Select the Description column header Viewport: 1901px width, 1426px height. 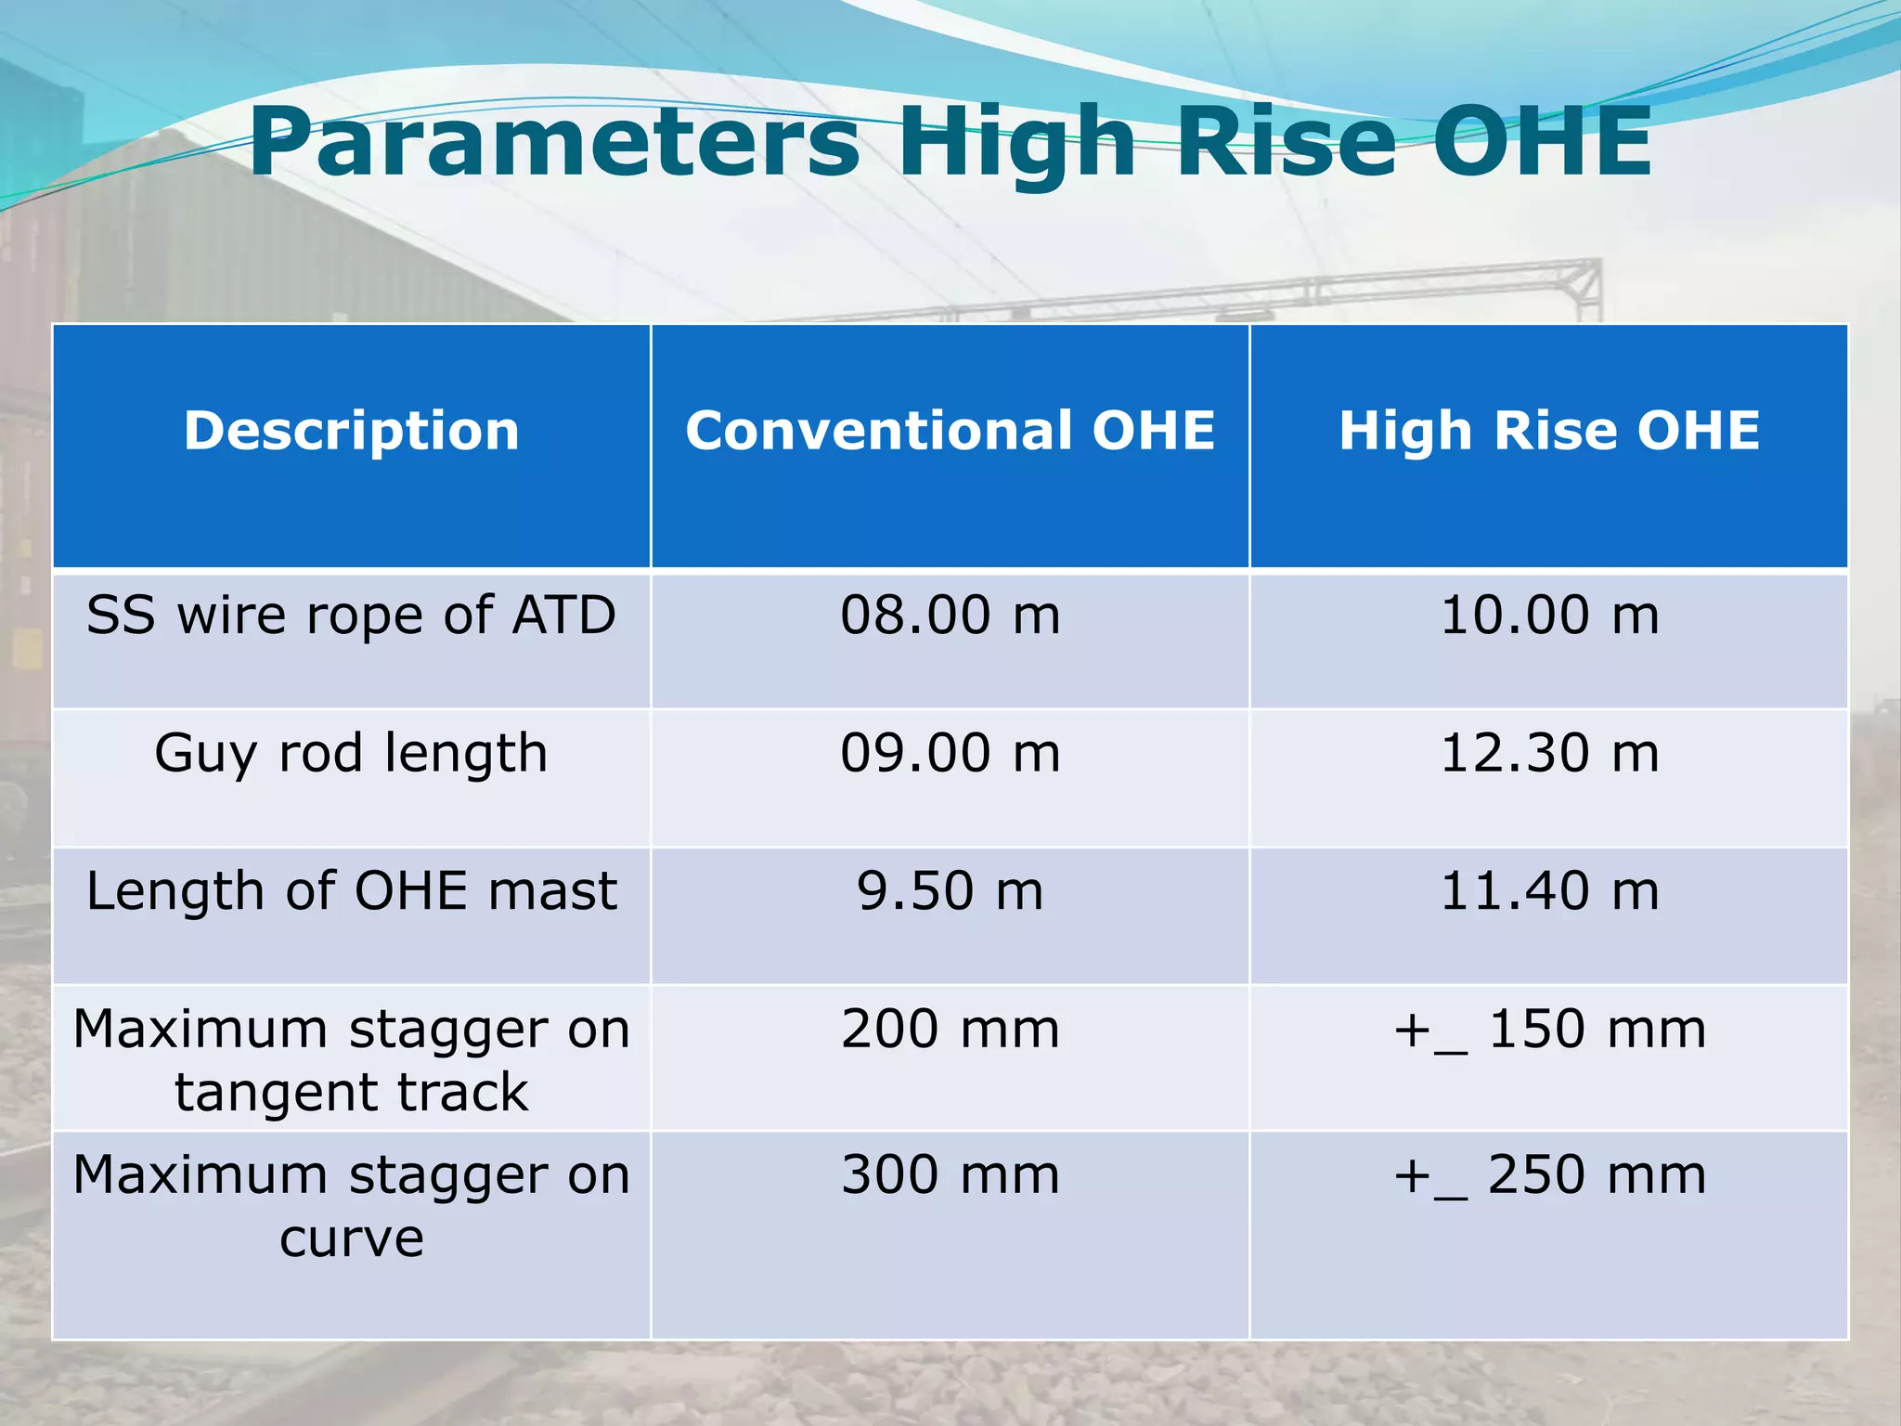[x=351, y=431]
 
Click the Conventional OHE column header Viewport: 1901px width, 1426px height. [x=950, y=431]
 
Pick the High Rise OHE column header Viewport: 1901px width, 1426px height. [x=1548, y=431]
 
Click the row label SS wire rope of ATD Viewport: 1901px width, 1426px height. [x=351, y=616]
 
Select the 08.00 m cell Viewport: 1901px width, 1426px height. [x=950, y=616]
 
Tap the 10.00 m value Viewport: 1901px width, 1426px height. [x=1548, y=616]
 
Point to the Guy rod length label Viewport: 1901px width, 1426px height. [x=351, y=753]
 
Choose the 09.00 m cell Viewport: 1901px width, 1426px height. [x=950, y=753]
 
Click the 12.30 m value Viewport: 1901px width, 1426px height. [x=1548, y=753]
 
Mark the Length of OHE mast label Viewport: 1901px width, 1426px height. [x=351, y=891]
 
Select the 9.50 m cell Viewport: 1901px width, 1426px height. [x=950, y=891]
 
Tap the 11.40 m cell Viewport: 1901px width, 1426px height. [x=1548, y=891]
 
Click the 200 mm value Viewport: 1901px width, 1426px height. [x=950, y=1030]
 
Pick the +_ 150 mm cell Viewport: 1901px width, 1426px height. [x=1548, y=1030]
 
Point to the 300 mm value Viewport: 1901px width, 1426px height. [x=950, y=1175]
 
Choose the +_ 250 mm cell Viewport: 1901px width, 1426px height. [x=1548, y=1175]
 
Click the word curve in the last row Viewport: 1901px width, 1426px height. [x=351, y=1239]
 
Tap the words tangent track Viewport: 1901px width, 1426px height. [x=351, y=1093]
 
